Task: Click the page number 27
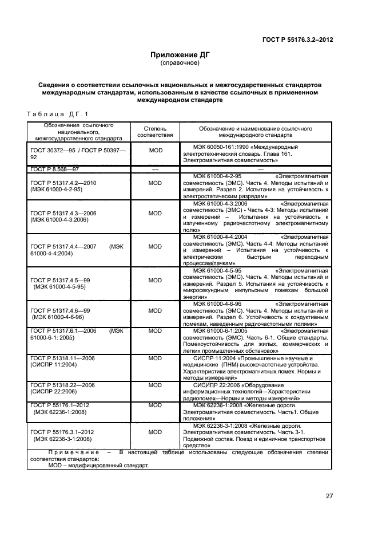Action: [329, 496]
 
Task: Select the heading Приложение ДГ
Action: [180, 55]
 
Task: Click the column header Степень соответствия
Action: [155, 132]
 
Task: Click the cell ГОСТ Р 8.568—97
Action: [55, 170]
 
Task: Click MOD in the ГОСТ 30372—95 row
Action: [156, 150]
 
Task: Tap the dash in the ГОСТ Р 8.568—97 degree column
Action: [155, 170]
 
